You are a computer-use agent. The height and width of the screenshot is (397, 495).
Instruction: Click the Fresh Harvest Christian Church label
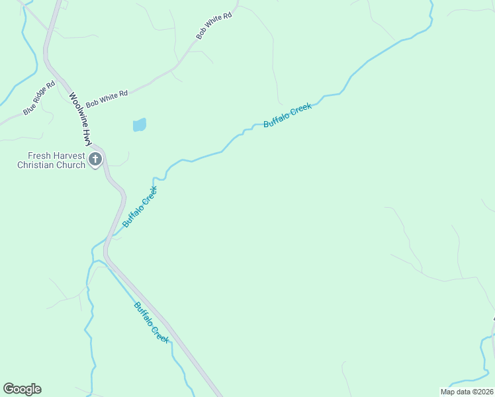[x=51, y=160]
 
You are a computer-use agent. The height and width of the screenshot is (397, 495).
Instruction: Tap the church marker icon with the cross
[x=96, y=159]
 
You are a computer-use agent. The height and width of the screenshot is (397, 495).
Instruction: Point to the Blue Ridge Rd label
[x=38, y=99]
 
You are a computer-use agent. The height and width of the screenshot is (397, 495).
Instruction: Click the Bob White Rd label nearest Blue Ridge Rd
[x=106, y=96]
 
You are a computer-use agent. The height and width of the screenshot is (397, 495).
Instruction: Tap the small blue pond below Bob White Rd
[x=139, y=124]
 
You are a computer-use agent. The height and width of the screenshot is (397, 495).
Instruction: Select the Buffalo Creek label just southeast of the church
[x=140, y=207]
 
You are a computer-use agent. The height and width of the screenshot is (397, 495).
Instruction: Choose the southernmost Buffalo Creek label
[x=152, y=322]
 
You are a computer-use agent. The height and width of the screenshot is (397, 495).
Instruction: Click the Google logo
[x=22, y=389]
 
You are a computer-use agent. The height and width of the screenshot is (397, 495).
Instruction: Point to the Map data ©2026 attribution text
[x=467, y=392]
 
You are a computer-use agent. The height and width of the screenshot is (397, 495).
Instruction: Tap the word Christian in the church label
[x=36, y=165]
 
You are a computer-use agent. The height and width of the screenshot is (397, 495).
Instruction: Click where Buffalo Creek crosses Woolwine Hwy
[x=107, y=240]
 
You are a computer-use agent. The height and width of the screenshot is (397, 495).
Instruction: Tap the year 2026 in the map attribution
[x=484, y=392]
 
